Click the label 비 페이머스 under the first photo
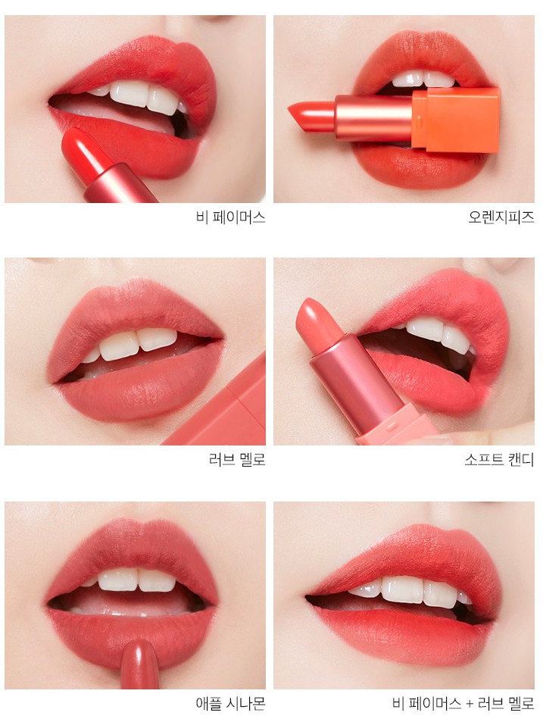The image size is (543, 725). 230,217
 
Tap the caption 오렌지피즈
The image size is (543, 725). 501,217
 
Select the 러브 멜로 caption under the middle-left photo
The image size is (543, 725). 237,460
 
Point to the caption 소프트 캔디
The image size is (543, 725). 499,460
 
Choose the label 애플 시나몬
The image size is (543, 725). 230,704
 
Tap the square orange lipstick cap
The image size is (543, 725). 456,119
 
